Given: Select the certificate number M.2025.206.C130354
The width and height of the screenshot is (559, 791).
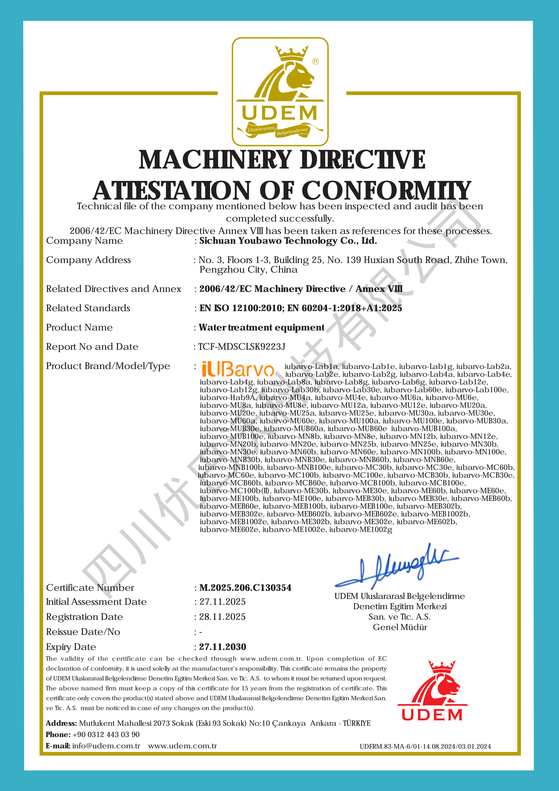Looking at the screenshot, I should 245,588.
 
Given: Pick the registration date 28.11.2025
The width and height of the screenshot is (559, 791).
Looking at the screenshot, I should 222,617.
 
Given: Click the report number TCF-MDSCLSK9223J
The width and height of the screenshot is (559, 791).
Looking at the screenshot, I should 242,347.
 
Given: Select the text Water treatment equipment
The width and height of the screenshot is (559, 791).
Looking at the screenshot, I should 262,327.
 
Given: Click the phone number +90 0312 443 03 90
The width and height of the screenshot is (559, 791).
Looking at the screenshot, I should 106,735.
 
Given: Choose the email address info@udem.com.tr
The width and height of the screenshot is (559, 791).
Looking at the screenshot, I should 106,746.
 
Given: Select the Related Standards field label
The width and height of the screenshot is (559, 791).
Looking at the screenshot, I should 88,308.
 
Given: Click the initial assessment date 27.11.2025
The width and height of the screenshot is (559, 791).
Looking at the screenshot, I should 222,602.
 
